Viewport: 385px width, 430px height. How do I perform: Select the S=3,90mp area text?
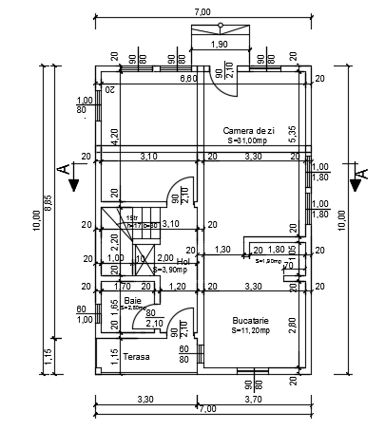[x=172, y=270]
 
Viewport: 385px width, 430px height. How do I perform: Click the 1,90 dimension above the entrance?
[x=218, y=45]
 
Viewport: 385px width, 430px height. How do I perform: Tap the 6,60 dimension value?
[x=189, y=79]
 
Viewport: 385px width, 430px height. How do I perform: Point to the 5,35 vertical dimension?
[x=293, y=134]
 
